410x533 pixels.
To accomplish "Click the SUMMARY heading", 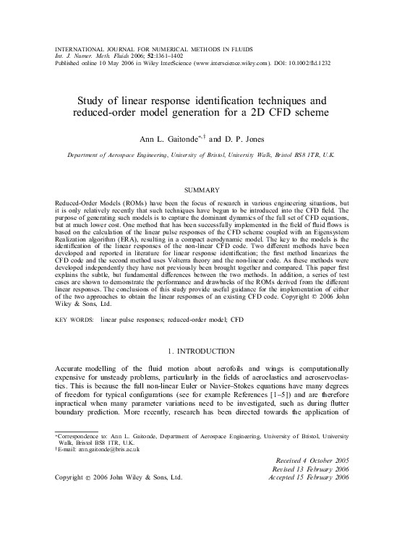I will click(205, 189).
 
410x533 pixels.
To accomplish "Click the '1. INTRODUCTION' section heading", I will click(205, 351).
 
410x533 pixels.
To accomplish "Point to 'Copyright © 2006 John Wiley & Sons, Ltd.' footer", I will click(119, 478).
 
